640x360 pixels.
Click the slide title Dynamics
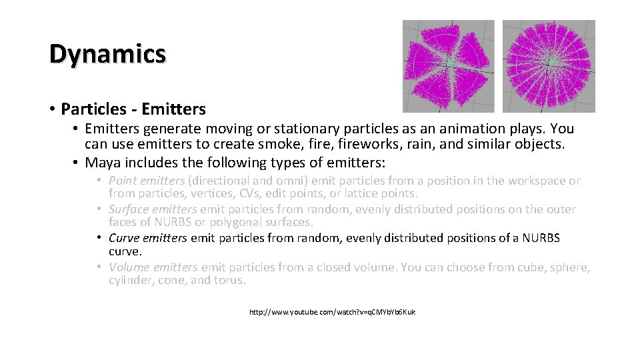point(107,54)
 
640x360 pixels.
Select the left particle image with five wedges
point(448,65)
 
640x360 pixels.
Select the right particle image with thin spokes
point(548,65)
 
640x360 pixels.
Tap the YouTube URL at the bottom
point(332,312)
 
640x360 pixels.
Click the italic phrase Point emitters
point(146,181)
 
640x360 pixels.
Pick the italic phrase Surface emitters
point(153,209)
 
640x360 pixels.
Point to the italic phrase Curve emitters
point(148,238)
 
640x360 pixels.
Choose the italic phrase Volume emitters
point(153,267)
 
